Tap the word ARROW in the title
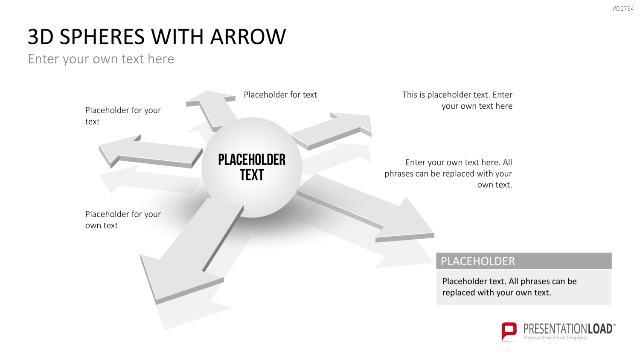[248, 37]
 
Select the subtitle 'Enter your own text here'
[101, 59]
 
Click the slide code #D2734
[623, 9]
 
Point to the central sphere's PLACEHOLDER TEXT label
[252, 167]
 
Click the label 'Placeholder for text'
[280, 95]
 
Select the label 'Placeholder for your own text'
[123, 219]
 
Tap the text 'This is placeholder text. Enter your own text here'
[457, 100]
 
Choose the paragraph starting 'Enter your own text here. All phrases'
[448, 174]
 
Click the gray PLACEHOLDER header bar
[524, 261]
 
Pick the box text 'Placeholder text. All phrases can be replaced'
[509, 287]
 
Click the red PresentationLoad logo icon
[509, 332]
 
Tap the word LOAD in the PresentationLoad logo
[600, 329]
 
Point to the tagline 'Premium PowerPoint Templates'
[555, 338]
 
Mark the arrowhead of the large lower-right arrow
[406, 220]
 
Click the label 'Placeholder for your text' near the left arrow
[123, 116]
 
